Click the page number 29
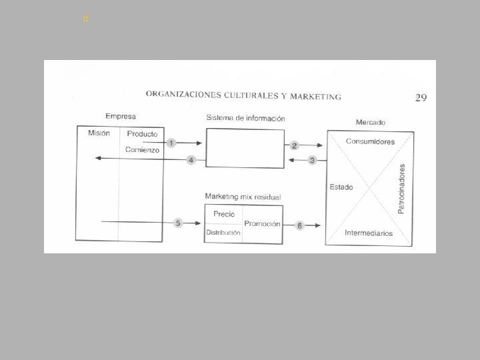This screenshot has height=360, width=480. (421, 98)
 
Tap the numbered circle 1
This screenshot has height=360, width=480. (171, 143)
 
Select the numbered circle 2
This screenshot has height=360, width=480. (294, 145)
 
